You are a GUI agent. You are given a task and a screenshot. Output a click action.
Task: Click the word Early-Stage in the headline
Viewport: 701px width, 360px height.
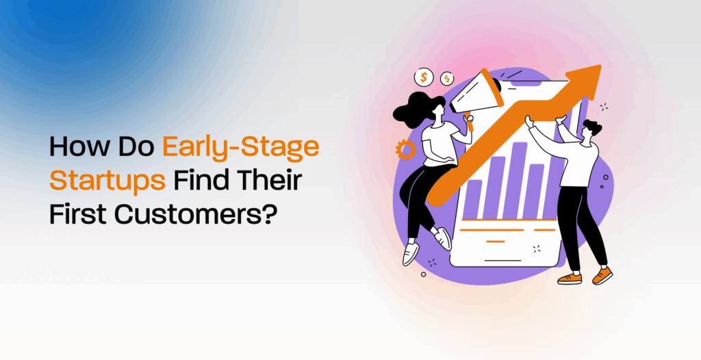tap(240, 147)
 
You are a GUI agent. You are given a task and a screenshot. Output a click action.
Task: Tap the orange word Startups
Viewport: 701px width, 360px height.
tap(107, 181)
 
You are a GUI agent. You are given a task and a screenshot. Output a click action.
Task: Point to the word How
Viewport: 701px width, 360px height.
tap(75, 146)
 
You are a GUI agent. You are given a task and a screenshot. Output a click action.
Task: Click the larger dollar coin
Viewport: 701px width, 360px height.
tap(423, 78)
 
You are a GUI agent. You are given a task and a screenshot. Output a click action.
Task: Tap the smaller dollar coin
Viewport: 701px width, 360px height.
tap(446, 79)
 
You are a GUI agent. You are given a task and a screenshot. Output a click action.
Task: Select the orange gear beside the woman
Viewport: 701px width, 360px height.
tap(406, 150)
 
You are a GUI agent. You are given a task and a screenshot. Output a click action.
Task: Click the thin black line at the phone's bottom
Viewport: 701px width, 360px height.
tap(503, 260)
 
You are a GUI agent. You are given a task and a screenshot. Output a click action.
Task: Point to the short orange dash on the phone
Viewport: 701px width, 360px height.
tap(496, 242)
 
